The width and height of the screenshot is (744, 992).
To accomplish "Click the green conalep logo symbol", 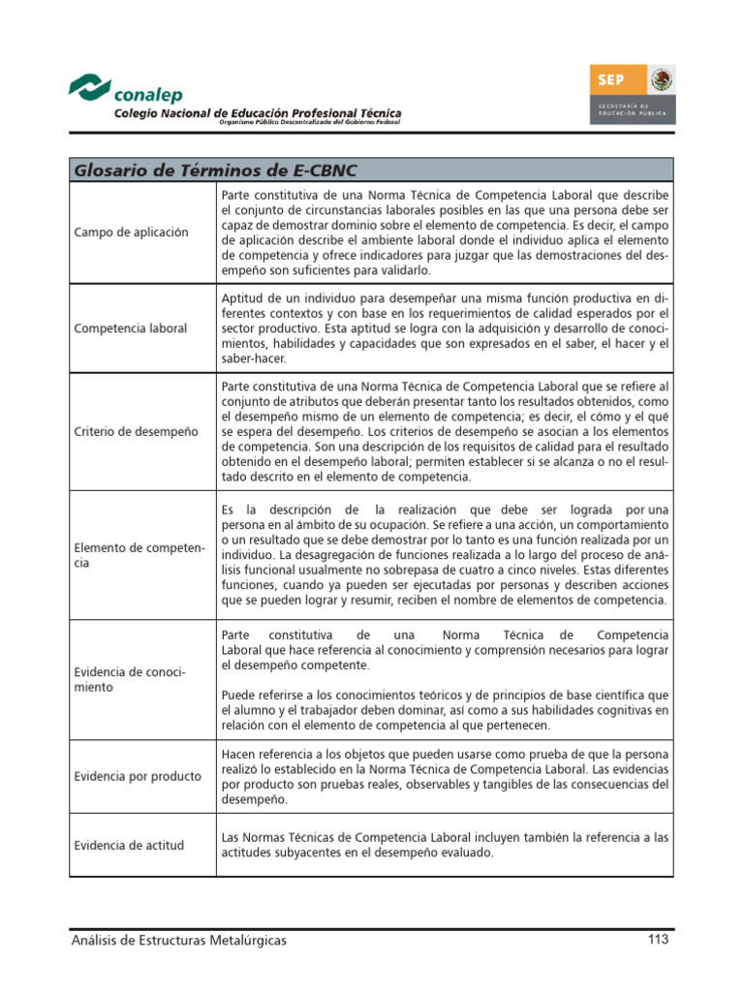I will coord(90,86).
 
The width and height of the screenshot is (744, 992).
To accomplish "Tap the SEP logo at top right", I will coord(633,94).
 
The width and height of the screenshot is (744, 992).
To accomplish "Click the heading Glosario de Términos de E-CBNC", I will coord(216,170).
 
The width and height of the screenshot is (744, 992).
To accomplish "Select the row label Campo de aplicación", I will coord(131,232).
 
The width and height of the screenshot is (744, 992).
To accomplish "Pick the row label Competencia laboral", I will coord(131,328).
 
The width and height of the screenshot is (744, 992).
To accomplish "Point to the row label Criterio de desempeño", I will coord(136,430).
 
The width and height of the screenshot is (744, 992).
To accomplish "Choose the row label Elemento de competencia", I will coord(139,555).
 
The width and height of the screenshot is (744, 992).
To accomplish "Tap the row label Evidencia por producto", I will coord(138,775).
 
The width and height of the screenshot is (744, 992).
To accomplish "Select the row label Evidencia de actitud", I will coord(129,845).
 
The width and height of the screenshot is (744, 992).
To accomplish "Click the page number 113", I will coord(659,939).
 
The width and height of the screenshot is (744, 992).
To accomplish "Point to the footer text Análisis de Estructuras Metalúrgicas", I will coord(179,940).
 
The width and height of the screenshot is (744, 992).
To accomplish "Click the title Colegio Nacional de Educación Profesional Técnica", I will coord(258,113).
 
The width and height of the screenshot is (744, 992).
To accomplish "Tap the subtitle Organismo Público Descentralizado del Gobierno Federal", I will coord(310,123).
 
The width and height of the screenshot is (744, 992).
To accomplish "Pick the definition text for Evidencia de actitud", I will coord(444,845).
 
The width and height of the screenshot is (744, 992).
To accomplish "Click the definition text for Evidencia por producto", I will coord(444,777).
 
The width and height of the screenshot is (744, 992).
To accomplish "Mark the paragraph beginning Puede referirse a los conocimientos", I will coord(444,710).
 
